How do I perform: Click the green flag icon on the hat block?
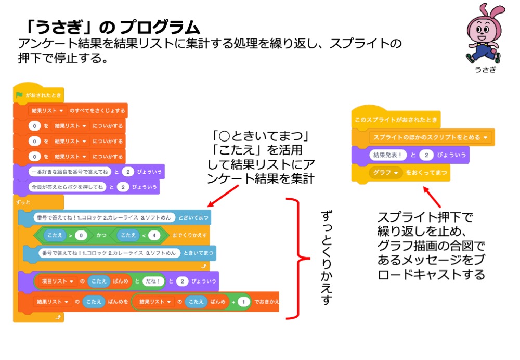click(20, 95)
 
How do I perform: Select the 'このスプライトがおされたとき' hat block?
click(396, 120)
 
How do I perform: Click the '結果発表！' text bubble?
click(388, 155)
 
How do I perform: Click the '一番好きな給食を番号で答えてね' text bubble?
click(68, 172)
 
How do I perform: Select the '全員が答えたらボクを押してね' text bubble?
click(68, 187)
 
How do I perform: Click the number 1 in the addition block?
click(244, 301)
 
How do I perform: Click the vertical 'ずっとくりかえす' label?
click(326, 258)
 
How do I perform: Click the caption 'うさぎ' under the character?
click(485, 69)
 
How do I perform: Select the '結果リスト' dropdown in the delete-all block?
click(47, 111)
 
